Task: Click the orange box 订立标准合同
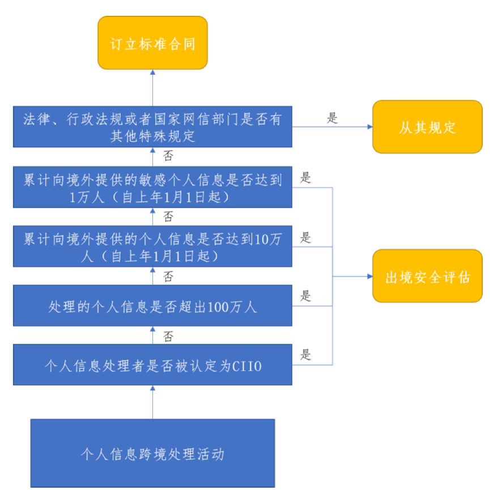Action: pyautogui.click(x=152, y=43)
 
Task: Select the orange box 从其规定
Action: pyautogui.click(x=427, y=127)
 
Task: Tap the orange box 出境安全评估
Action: pyautogui.click(x=427, y=276)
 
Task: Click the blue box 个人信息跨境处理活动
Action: pyautogui.click(x=152, y=453)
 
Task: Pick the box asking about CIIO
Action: pyautogui.click(x=152, y=365)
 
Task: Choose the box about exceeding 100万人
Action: pyautogui.click(x=152, y=307)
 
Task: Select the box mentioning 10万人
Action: pyautogui.click(x=152, y=247)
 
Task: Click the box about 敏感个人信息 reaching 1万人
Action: pyautogui.click(x=152, y=188)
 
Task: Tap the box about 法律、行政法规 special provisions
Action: pyautogui.click(x=152, y=127)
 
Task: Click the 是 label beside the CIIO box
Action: pyautogui.click(x=306, y=355)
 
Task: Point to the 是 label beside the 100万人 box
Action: pyautogui.click(x=306, y=296)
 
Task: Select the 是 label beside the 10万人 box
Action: pyautogui.click(x=306, y=237)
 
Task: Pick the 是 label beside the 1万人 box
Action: pyautogui.click(x=306, y=178)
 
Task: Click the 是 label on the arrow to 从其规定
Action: pyautogui.click(x=333, y=118)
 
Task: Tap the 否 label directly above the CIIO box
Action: pyautogui.click(x=168, y=337)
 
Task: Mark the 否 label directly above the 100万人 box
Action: pyautogui.click(x=168, y=276)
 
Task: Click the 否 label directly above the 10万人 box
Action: pyautogui.click(x=168, y=216)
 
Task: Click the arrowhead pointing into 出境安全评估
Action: pyautogui.click(x=369, y=276)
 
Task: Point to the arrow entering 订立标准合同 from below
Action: pyautogui.click(x=152, y=73)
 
